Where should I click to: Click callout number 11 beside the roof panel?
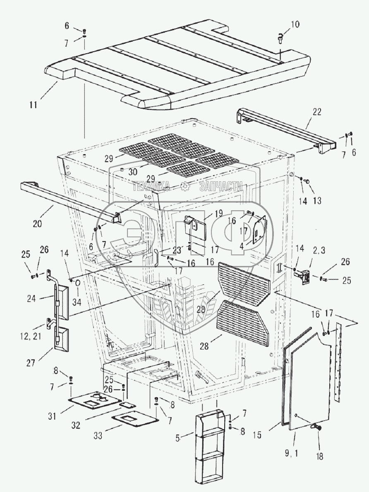tap(33, 105)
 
